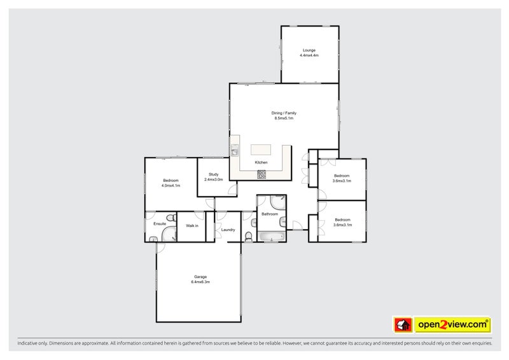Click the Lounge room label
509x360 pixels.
pos(309,50)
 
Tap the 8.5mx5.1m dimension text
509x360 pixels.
pos(284,118)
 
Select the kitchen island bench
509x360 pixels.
pos(261,149)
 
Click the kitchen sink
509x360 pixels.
pos(234,151)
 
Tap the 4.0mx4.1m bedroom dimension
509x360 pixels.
pos(171,186)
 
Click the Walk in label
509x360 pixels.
pos(192,226)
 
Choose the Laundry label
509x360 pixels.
pos(228,230)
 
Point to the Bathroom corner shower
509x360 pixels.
pos(278,203)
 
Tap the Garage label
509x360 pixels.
pos(200,277)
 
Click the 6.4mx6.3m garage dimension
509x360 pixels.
pos(200,282)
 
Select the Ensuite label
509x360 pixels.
pos(160,224)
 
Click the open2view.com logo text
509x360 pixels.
pos(452,325)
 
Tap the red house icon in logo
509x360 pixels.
pos(403,325)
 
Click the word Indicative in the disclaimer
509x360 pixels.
pos(29,343)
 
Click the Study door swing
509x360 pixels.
pos(232,190)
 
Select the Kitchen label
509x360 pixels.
pos(261,163)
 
